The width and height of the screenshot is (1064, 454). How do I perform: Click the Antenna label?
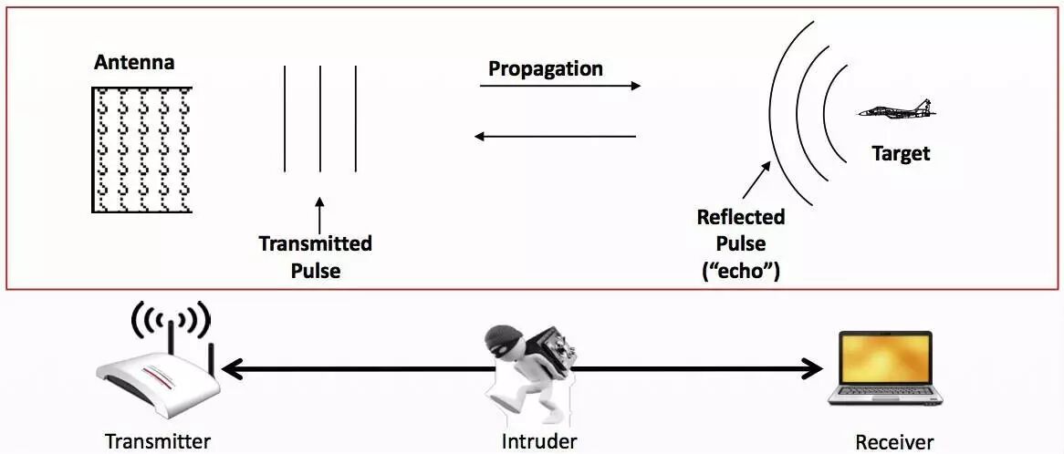(x=133, y=63)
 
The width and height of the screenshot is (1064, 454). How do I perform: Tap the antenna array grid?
(x=141, y=150)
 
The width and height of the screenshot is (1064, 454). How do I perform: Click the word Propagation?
(x=546, y=68)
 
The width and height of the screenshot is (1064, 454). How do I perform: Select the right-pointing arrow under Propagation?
(x=560, y=86)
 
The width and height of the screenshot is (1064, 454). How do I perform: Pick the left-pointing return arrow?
(x=555, y=137)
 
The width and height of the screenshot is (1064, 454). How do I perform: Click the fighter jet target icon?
(x=899, y=111)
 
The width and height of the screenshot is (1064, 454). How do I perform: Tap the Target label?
(x=901, y=153)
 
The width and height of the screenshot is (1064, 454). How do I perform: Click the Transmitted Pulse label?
(x=315, y=257)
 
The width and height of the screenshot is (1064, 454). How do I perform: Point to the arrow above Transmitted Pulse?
(x=319, y=213)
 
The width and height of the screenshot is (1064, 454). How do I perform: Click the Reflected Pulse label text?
(x=740, y=231)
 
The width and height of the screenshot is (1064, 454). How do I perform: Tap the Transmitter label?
(x=158, y=442)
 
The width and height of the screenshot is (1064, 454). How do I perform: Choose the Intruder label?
(x=539, y=442)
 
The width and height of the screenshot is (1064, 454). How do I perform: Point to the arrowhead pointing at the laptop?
(x=812, y=369)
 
